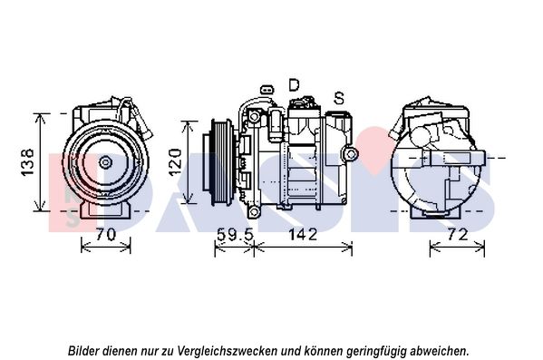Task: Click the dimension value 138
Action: [x=27, y=162]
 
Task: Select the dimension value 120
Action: [x=175, y=162]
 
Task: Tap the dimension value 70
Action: [x=106, y=235]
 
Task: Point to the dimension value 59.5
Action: [x=235, y=235]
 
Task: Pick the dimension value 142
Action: [x=303, y=235]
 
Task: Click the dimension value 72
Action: [x=458, y=235]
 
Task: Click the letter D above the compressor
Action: [x=294, y=85]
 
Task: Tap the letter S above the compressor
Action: [x=339, y=98]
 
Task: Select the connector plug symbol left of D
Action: [x=267, y=90]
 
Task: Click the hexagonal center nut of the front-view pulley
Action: [x=104, y=161]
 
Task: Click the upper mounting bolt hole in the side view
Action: [x=255, y=116]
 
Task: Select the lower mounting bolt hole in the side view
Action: [x=255, y=211]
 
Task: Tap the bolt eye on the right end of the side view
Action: [x=351, y=153]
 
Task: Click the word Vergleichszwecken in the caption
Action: [x=228, y=351]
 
